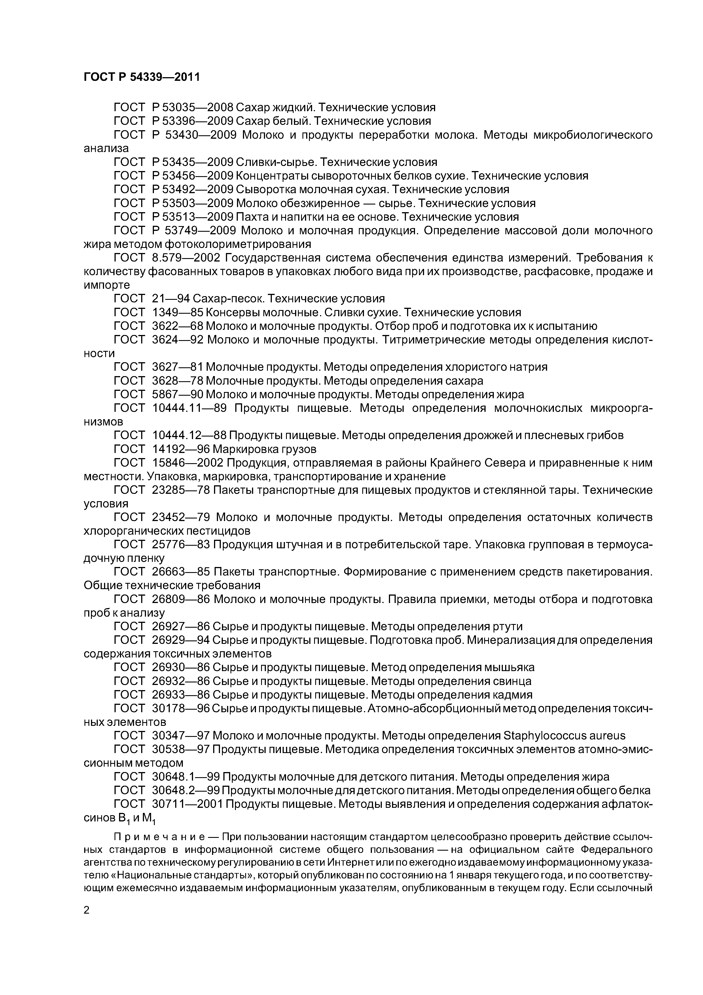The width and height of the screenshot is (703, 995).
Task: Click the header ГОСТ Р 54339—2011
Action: click(142, 77)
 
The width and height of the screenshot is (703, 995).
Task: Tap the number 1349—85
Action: click(177, 313)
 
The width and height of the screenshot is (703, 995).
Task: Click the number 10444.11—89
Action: click(189, 408)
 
